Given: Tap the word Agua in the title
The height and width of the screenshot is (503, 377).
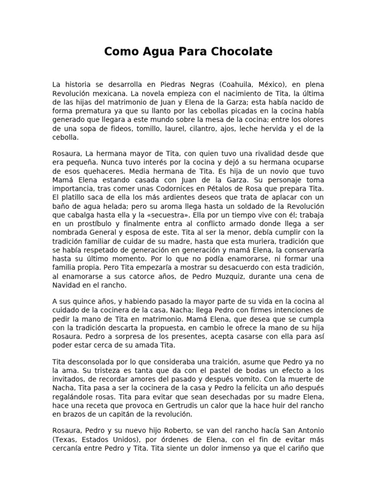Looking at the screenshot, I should [x=149, y=52].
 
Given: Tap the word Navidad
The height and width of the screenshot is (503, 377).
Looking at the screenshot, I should [x=66, y=285].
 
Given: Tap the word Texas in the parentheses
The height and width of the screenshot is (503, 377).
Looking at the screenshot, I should [x=65, y=439].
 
